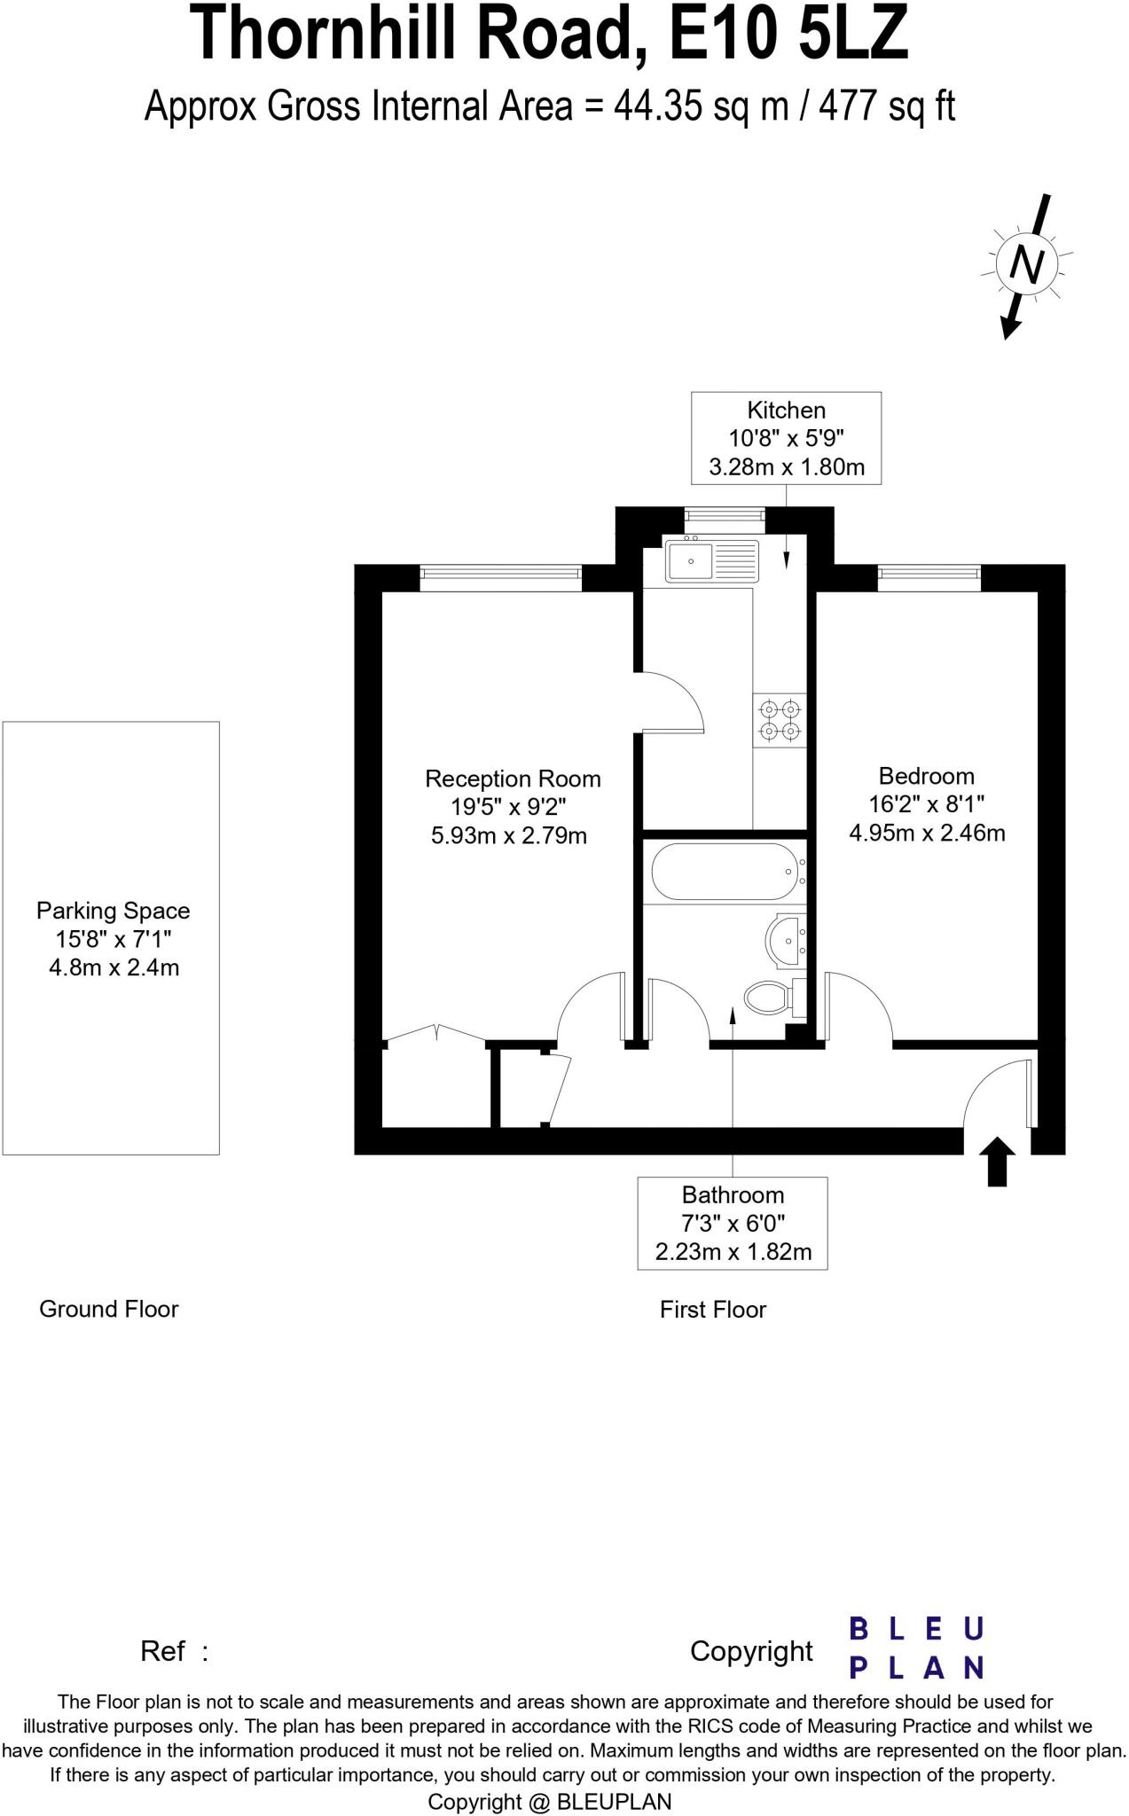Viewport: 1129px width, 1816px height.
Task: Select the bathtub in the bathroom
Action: (x=725, y=871)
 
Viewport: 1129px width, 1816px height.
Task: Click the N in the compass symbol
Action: (x=1028, y=265)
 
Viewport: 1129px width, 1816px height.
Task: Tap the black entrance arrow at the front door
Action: (x=998, y=1161)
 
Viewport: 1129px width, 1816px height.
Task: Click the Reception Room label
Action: (x=513, y=779)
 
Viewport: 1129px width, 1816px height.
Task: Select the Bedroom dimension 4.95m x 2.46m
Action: (x=927, y=833)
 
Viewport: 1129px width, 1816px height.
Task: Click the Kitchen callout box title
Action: (x=786, y=411)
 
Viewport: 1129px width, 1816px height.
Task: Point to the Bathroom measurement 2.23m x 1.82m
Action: (x=733, y=1251)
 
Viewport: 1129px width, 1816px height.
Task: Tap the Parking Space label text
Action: (x=113, y=911)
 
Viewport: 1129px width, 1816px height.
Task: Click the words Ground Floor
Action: (x=108, y=1309)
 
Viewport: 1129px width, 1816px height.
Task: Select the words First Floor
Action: (x=712, y=1310)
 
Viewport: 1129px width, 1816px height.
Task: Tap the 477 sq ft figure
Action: (x=887, y=107)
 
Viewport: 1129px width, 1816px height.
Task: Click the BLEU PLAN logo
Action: (x=915, y=1648)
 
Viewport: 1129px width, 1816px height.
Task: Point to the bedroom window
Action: (x=929, y=578)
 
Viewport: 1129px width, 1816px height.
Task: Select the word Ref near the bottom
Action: (x=162, y=1651)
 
